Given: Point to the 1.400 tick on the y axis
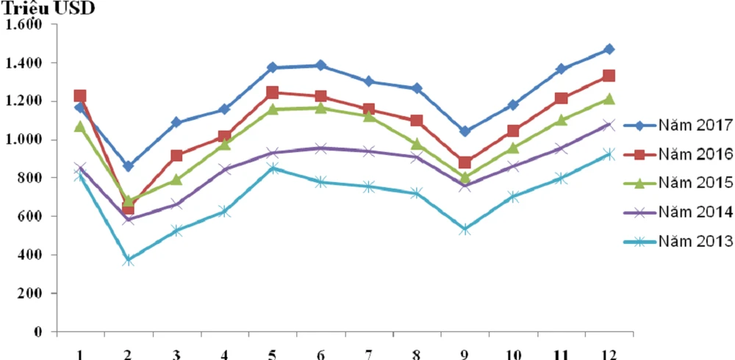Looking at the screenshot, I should point(24,63).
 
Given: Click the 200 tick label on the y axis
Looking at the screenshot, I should point(31,293).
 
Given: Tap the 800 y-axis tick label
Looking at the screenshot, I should point(31,178).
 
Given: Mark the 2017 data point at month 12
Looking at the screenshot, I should point(609,49).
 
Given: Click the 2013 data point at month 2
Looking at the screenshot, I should point(129,260).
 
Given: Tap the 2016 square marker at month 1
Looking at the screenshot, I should point(80,96).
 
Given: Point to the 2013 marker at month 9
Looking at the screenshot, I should point(465,230).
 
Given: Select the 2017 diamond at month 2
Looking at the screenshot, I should point(129,166).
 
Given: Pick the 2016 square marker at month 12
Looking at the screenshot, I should point(609,76).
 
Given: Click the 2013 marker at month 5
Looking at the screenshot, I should point(273,168).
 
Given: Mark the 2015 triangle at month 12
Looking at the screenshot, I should point(609,98).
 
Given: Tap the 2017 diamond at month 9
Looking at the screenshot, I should point(465,132).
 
